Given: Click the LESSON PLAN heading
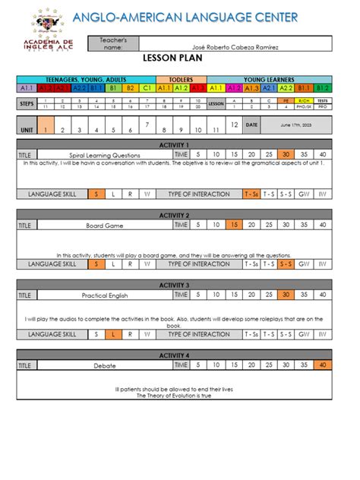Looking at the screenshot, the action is tap(179, 57).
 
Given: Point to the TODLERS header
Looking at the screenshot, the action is tap(181, 79).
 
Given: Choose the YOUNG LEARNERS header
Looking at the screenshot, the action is tap(268, 79).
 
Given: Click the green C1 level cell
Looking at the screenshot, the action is tap(147, 88).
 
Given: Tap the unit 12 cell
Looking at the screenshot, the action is tap(234, 125).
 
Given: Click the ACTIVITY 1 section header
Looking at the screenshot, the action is tap(180, 144).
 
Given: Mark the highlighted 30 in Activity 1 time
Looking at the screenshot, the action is tap(286, 154).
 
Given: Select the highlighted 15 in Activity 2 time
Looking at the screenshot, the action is tap(235, 225).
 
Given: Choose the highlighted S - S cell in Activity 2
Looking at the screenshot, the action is tap(286, 264).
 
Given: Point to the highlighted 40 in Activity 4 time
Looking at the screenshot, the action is tap(324, 365).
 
